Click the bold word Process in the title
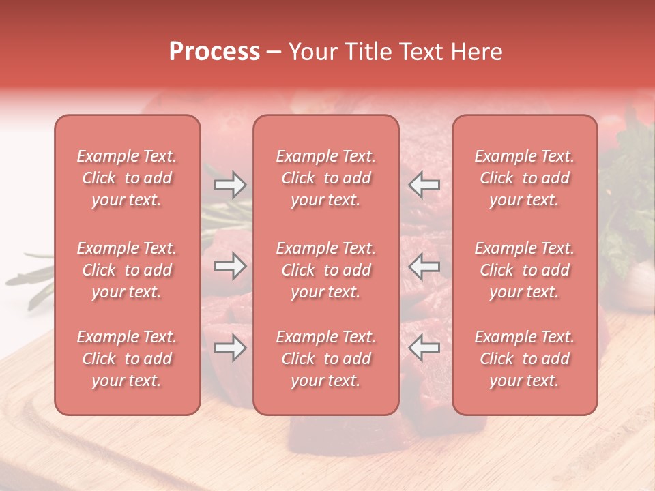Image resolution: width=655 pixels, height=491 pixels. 214,52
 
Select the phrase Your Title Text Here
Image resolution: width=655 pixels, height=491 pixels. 396,52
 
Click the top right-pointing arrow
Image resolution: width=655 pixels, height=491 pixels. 230,185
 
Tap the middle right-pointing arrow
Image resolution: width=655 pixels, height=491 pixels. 230,266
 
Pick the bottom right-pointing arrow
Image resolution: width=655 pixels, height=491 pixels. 230,348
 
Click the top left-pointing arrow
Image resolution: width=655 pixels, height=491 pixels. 424,185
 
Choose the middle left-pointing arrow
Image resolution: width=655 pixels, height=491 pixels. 424,266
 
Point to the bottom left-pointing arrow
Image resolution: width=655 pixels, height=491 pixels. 424,348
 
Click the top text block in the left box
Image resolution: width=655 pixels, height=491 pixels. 127,178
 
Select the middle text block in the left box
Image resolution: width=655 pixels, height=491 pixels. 127,270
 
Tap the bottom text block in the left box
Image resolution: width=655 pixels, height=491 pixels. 127,359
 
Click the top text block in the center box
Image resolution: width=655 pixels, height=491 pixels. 326,178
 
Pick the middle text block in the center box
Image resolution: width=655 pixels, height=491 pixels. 326,270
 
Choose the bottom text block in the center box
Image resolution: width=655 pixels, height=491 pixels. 326,359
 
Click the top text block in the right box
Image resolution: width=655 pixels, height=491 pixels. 525,178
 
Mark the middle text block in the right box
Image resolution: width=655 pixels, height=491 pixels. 525,270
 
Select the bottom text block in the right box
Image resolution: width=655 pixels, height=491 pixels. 525,359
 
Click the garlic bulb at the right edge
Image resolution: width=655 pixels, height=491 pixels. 637,279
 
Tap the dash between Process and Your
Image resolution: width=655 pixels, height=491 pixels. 274,53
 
